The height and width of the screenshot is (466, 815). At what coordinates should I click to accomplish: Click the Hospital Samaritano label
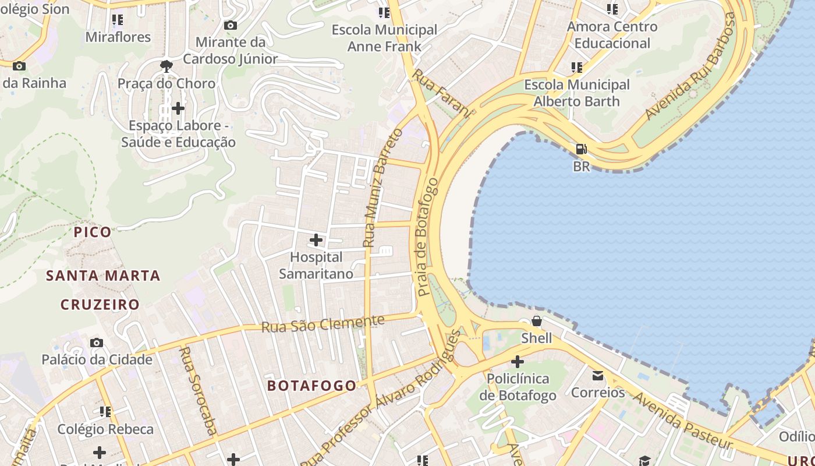point(316,266)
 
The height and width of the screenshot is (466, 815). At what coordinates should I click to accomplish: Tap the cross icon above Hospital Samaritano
point(316,239)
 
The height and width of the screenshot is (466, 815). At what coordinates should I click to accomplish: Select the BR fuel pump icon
point(581,149)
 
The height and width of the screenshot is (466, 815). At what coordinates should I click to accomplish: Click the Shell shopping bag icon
point(536,321)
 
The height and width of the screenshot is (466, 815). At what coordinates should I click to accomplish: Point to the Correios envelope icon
point(598,376)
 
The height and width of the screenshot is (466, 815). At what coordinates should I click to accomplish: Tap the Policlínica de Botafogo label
point(518,387)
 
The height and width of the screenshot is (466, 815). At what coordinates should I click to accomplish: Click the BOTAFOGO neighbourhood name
point(311,386)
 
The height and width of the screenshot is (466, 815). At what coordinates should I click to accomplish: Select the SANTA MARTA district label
point(103,276)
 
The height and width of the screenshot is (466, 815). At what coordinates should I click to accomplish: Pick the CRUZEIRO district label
point(100,305)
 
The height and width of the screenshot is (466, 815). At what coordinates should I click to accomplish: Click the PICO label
point(93,232)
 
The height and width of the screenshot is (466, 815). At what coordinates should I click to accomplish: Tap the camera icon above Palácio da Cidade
point(97,343)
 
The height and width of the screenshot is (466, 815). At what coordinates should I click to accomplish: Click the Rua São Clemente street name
point(323,324)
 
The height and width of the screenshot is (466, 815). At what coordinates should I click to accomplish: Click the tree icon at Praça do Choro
point(166,66)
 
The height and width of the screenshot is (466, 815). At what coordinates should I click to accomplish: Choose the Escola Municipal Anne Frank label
point(384,38)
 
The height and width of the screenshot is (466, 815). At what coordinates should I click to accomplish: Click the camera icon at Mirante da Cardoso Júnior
point(231,25)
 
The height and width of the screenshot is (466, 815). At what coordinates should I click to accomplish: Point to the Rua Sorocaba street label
point(199,391)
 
